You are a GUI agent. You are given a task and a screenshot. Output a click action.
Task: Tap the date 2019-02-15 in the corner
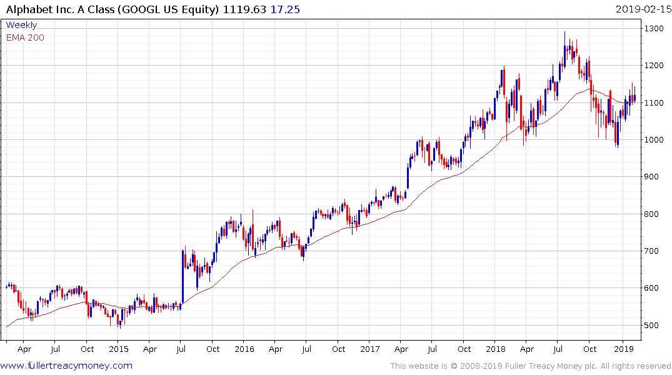tap(642, 9)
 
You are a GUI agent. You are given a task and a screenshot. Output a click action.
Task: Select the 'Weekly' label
tap(21, 25)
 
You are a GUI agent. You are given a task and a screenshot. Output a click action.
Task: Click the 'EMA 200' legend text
tap(25, 37)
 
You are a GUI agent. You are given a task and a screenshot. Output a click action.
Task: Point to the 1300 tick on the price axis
tap(655, 29)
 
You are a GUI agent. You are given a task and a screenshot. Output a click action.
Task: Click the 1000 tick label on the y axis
tap(655, 140)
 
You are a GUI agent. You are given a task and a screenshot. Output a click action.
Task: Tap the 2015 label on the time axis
tap(119, 349)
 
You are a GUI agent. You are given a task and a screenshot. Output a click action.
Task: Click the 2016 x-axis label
tap(244, 349)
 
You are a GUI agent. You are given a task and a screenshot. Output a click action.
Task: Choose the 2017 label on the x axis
tap(370, 349)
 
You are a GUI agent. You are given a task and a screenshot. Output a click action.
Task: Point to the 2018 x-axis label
tap(496, 349)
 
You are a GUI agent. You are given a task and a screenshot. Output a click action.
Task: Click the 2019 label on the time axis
tap(623, 349)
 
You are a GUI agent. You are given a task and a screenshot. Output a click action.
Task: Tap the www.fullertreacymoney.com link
tap(66, 366)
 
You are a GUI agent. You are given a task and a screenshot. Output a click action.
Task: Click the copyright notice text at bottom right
tap(531, 366)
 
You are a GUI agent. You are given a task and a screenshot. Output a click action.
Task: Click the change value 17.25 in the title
tap(284, 9)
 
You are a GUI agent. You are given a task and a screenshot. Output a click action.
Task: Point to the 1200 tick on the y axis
tap(655, 66)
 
